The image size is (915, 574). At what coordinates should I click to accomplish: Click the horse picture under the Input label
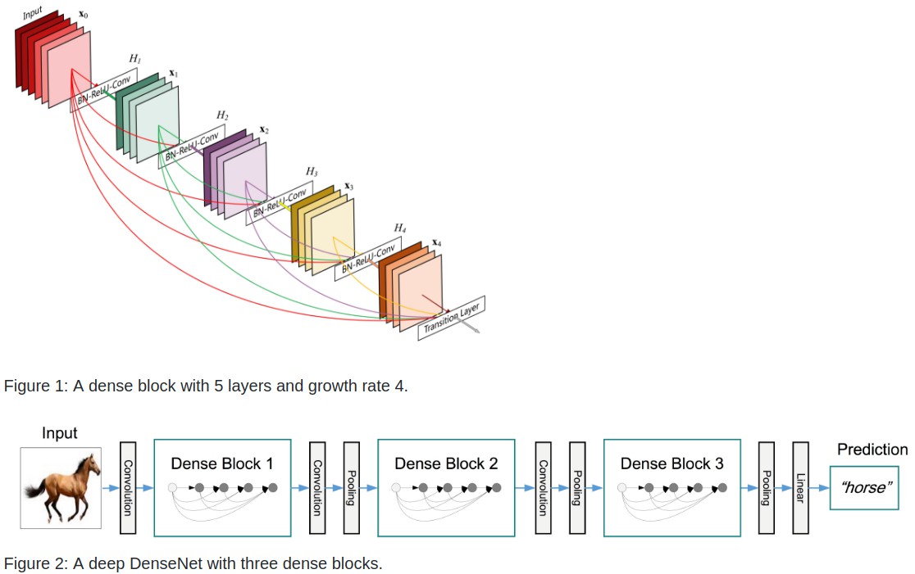click(x=61, y=487)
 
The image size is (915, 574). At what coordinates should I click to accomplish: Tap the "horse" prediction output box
click(x=864, y=487)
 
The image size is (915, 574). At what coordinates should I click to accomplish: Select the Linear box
click(x=800, y=487)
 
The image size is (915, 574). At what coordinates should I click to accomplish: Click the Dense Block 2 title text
click(x=446, y=463)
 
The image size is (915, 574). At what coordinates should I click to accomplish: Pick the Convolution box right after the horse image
click(x=128, y=487)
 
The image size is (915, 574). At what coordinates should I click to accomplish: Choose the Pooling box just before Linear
click(x=767, y=487)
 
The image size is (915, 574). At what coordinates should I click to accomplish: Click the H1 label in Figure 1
click(x=134, y=59)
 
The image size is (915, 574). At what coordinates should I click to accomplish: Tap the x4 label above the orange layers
click(x=437, y=242)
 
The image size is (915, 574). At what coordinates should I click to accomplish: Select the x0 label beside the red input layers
click(x=84, y=16)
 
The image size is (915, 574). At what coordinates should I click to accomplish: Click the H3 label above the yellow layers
click(x=312, y=171)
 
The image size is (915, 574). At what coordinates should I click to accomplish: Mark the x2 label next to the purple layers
click(x=263, y=129)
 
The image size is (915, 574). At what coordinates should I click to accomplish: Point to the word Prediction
click(x=872, y=450)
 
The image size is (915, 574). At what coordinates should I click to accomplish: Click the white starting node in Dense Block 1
click(x=172, y=487)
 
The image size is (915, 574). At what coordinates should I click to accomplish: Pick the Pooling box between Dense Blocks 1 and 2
click(x=351, y=487)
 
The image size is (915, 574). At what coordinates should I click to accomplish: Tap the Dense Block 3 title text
click(x=671, y=463)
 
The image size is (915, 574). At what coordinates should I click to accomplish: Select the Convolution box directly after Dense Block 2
click(x=542, y=487)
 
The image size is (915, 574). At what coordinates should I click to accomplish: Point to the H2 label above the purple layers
click(x=222, y=115)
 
